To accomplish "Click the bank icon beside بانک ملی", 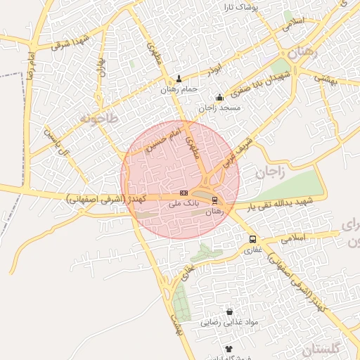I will pyautogui.click(x=184, y=193).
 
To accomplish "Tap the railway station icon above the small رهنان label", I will pyautogui.click(x=214, y=200).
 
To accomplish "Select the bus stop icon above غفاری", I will pyautogui.click(x=252, y=238).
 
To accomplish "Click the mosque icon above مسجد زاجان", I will pyautogui.click(x=219, y=98).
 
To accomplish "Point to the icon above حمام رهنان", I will pyautogui.click(x=179, y=79).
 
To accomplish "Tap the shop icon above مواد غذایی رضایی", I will pyautogui.click(x=229, y=311).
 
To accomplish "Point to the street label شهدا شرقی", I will pyautogui.click(x=70, y=41).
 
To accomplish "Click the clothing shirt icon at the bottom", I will pyautogui.click(x=229, y=349).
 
